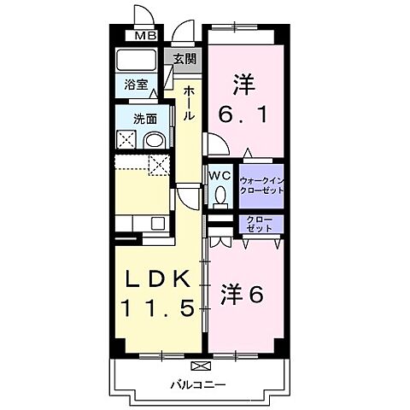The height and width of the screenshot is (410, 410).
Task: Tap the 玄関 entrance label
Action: (x=184, y=59)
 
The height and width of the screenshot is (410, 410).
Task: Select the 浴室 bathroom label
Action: (x=136, y=85)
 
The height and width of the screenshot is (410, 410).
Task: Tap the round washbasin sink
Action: (x=154, y=140)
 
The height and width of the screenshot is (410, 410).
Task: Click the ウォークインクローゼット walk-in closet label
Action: (x=261, y=185)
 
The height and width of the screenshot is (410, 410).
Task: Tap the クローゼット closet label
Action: (x=261, y=225)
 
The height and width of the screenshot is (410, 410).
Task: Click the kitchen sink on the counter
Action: (x=157, y=224)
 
